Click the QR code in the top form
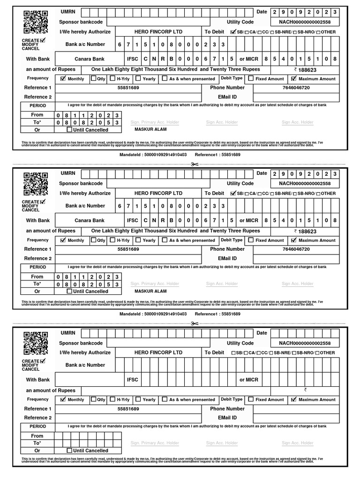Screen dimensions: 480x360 tap(36, 22)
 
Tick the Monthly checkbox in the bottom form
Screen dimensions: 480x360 tap(63, 399)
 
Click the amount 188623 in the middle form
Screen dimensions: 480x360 tap(307, 231)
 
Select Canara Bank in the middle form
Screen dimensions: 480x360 tap(90, 220)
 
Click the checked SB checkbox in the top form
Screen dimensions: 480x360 tap(234, 32)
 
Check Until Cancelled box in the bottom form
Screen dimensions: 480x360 tap(70, 450)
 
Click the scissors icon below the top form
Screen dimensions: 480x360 tap(195, 164)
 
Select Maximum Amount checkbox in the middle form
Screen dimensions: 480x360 tap(294, 240)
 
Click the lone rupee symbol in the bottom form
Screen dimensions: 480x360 tap(305, 390)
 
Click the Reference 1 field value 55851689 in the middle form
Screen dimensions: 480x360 tap(128, 249)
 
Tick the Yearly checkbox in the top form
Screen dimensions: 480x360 tap(138, 78)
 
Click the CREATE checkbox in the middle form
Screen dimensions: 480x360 tap(43, 202)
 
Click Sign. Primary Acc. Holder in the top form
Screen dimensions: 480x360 tap(155, 122)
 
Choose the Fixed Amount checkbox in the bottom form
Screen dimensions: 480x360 tap(251, 399)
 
